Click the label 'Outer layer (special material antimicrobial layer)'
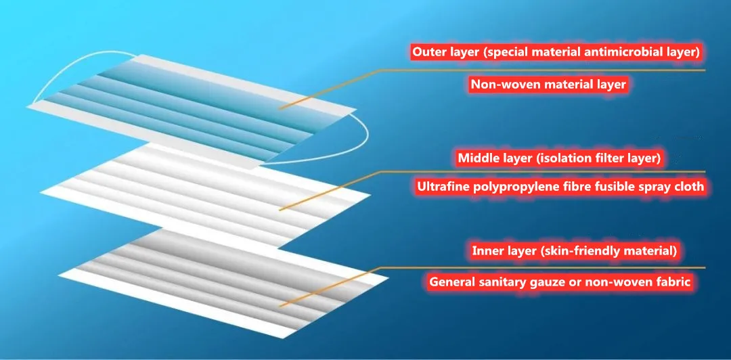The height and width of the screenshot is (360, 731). [555, 51]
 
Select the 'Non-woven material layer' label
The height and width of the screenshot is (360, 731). [548, 85]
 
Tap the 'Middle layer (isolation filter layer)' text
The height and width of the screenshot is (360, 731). [559, 158]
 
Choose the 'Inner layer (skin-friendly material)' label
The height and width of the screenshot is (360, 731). [574, 252]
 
